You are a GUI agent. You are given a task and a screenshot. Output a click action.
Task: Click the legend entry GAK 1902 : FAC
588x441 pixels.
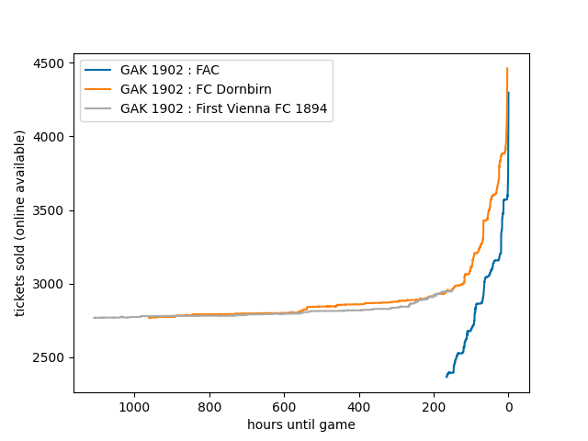coord(169,70)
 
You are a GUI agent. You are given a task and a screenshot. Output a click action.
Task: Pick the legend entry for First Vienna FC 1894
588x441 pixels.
coord(224,108)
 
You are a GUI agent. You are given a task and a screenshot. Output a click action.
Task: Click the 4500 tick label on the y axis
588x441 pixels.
coord(50,63)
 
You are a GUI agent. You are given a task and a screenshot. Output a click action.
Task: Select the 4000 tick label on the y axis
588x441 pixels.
coord(50,137)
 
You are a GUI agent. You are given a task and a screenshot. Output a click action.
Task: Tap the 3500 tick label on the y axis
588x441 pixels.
coord(50,210)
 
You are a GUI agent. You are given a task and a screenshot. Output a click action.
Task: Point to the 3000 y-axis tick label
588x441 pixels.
coord(50,284)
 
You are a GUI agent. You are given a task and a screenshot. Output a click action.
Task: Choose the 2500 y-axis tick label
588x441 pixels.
coord(50,357)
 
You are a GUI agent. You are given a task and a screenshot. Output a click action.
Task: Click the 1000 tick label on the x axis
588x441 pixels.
coord(134,407)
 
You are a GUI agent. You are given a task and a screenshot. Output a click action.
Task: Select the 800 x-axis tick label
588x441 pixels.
coord(209,407)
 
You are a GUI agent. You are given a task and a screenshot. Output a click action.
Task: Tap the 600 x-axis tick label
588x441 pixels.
coord(284,407)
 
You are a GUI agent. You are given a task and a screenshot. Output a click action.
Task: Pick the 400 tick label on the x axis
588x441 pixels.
coord(359,407)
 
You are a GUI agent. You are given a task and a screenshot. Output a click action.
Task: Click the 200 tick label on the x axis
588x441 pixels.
coord(434,407)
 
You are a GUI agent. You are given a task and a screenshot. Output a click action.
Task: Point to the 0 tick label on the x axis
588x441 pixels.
coord(508,407)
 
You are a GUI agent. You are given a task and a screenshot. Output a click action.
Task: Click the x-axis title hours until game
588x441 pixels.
coord(301,424)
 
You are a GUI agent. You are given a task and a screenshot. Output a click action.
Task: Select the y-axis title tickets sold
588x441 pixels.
coord(20,223)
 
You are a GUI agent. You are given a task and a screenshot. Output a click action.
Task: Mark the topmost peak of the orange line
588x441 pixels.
coord(507,68)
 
